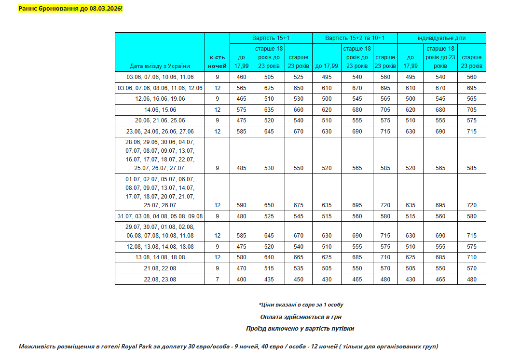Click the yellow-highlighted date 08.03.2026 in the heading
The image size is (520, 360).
click(106, 9)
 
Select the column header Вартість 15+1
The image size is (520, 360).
click(271, 38)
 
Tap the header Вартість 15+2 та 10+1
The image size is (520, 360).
click(355, 38)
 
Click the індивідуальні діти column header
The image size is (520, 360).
click(441, 38)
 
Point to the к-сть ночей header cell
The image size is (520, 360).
click(217, 61)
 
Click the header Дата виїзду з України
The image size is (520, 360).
click(160, 66)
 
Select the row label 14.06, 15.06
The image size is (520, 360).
click(160, 110)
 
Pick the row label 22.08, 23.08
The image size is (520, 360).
click(160, 280)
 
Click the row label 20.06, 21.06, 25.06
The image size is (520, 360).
click(160, 120)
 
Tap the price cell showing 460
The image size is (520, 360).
click(241, 77)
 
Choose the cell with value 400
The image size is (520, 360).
click(241, 280)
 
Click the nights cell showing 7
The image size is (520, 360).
click(217, 280)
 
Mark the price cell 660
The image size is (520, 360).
click(299, 110)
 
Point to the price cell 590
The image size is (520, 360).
click(241, 205)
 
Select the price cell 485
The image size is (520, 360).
click(241, 168)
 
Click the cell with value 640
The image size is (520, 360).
click(269, 257)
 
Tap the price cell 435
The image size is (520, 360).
click(269, 280)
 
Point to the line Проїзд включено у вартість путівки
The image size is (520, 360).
click(300, 329)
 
